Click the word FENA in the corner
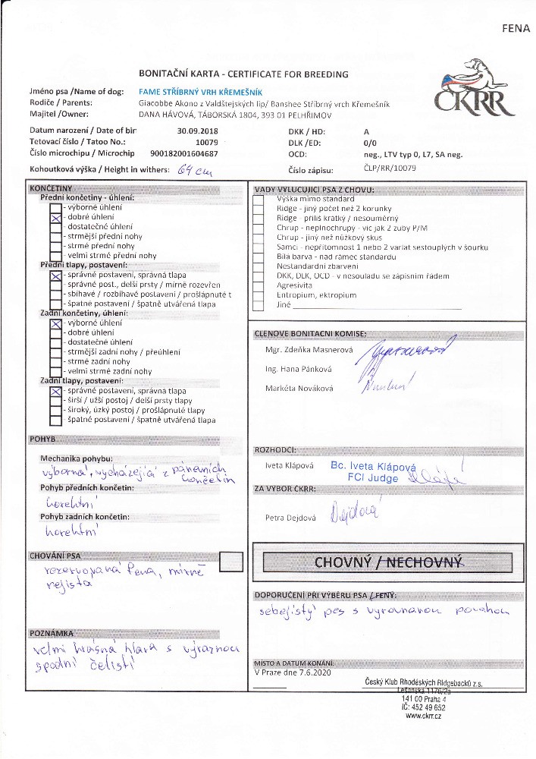click(x=513, y=28)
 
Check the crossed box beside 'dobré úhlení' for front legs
click(x=55, y=217)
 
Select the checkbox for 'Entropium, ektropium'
click(x=258, y=296)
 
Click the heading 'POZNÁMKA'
click(x=51, y=632)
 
